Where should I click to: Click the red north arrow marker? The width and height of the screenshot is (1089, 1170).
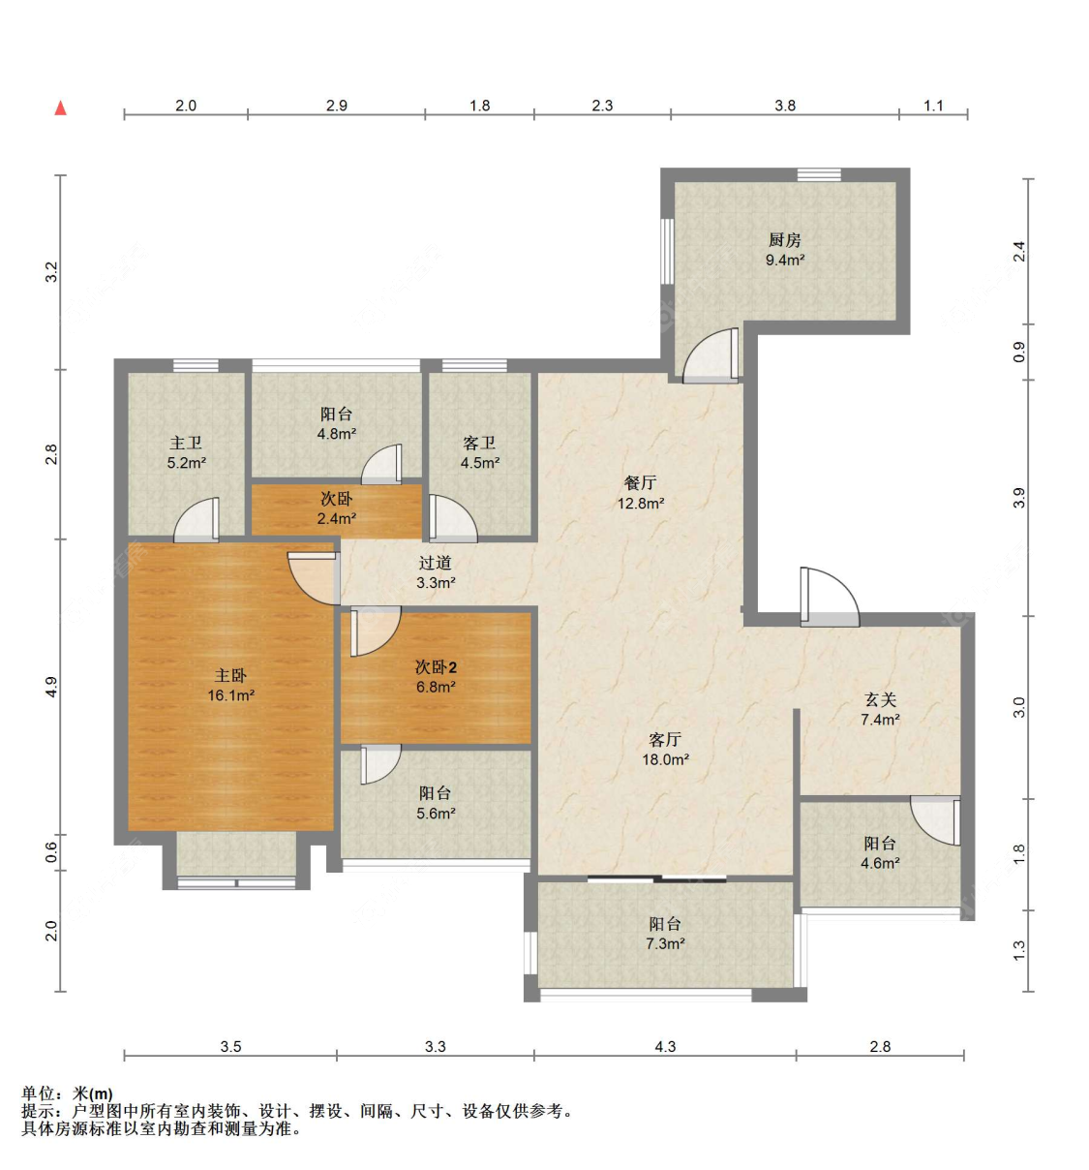pos(60,108)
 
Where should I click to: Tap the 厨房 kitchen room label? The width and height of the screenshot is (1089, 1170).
pos(784,240)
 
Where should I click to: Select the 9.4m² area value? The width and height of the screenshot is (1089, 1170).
pos(784,261)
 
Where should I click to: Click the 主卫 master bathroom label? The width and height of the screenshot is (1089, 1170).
pos(186,443)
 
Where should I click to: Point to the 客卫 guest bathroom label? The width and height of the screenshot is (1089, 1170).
pos(479,443)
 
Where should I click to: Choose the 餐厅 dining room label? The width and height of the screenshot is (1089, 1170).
pos(640,482)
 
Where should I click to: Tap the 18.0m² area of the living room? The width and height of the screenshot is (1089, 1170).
pos(665,760)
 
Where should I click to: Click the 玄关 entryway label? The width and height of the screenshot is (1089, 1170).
pos(880,699)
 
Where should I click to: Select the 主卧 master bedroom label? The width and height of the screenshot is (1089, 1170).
pos(230,675)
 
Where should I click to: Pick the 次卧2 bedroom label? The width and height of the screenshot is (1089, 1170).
pos(436,667)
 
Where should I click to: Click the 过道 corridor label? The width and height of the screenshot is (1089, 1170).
pos(436,563)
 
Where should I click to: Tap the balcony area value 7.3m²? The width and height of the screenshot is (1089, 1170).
pos(665,944)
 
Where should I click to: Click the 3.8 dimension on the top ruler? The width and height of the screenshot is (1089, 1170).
pos(784,106)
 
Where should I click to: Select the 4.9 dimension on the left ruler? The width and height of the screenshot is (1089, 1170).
pos(52,686)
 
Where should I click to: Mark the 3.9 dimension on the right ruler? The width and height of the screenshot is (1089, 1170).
pos(1018,498)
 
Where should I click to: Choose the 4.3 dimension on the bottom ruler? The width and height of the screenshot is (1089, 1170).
pos(665,1046)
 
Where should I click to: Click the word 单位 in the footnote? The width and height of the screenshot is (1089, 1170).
pos(39,1093)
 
